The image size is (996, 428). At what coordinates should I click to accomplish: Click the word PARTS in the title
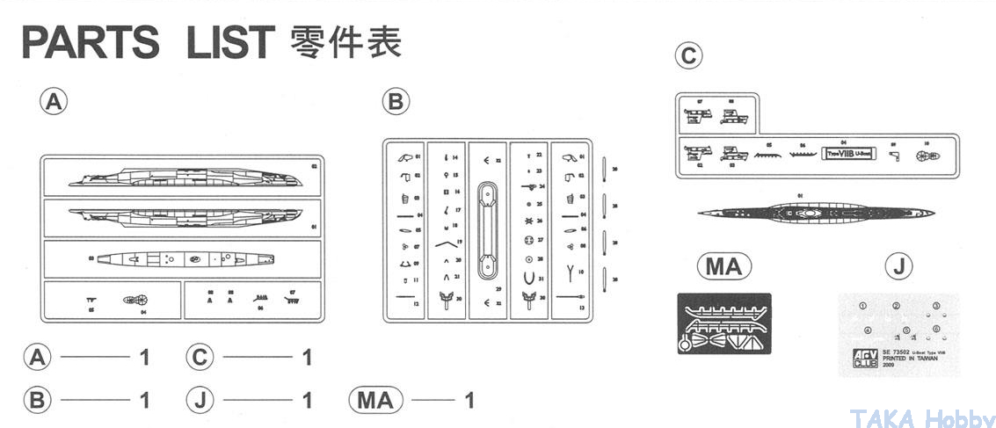91,42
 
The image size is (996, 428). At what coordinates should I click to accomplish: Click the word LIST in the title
230,42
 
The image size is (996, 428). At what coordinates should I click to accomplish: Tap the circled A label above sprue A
54,102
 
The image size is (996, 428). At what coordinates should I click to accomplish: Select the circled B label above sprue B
396,102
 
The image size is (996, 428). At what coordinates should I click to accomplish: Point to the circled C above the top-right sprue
688,56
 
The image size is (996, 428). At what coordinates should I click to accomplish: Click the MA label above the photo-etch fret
723,266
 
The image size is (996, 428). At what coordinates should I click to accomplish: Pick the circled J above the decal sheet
898,266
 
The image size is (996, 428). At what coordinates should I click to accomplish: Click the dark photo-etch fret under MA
723,323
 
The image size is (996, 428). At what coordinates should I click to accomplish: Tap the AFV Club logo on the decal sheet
852,359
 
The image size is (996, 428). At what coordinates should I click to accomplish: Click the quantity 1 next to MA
469,401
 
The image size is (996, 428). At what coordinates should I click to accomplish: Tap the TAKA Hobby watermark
923,418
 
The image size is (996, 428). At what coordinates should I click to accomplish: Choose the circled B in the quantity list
37,401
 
